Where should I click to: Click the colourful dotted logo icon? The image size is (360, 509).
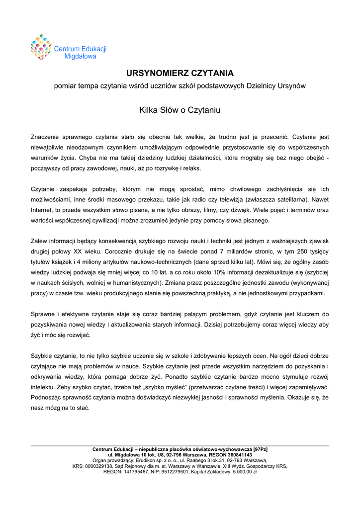pos(41,47)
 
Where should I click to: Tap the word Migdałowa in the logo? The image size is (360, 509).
pos(81,56)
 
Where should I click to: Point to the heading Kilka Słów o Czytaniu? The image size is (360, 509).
pos(180,110)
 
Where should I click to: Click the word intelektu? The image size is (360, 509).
pos(43,387)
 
